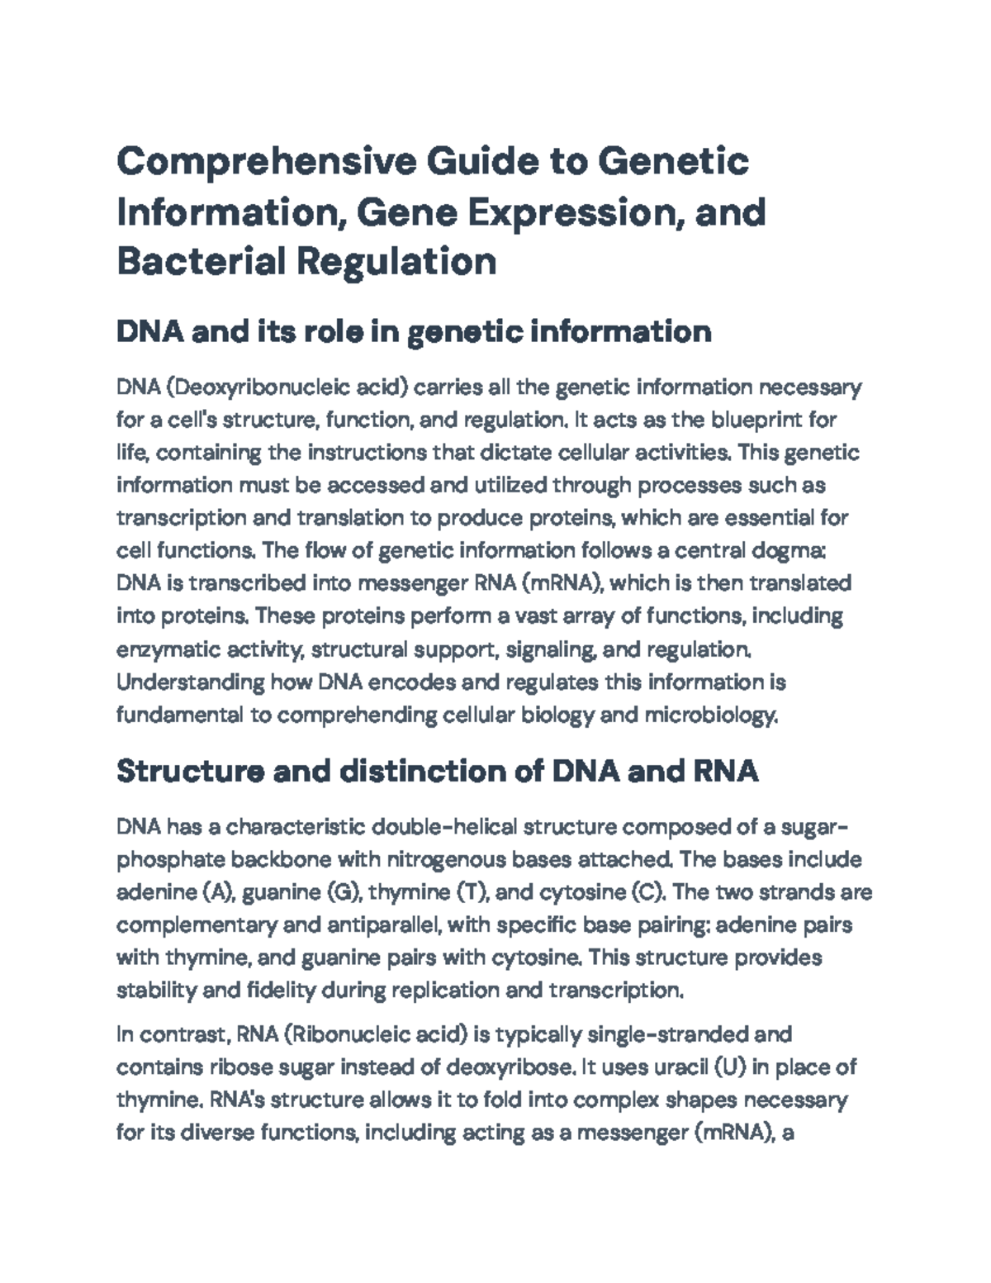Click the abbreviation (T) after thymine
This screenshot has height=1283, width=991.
[470, 892]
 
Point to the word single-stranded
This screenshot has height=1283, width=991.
[664, 1034]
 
